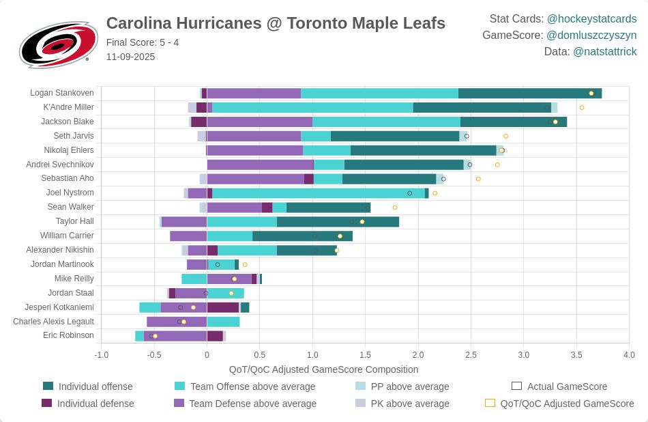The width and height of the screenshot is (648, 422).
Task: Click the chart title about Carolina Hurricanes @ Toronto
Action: coord(276,23)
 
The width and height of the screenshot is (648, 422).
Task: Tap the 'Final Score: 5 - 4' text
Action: coord(143,42)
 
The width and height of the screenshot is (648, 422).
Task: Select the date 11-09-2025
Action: coord(130,57)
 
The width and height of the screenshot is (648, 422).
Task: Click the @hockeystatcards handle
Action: coord(591,18)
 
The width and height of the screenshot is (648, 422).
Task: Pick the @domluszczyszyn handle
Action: coord(591,35)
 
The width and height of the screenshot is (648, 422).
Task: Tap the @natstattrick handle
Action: coord(604,51)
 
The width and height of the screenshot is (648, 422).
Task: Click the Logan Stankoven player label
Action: coord(62,93)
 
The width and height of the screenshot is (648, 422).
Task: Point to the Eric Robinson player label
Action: coord(68,335)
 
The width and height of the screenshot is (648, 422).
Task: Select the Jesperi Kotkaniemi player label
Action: coord(59,307)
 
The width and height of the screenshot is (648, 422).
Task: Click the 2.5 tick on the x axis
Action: coord(471,355)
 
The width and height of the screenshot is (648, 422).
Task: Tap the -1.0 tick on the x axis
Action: coord(101,355)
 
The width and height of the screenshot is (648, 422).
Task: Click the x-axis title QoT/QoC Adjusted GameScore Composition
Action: coord(323,369)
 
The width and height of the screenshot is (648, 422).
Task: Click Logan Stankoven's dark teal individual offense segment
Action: coord(529,94)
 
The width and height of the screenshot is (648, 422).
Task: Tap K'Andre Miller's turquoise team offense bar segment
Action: coord(312,107)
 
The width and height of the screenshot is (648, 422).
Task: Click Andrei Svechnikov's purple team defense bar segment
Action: coord(260,165)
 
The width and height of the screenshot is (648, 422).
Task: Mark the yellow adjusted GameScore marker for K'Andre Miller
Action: coord(582,107)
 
